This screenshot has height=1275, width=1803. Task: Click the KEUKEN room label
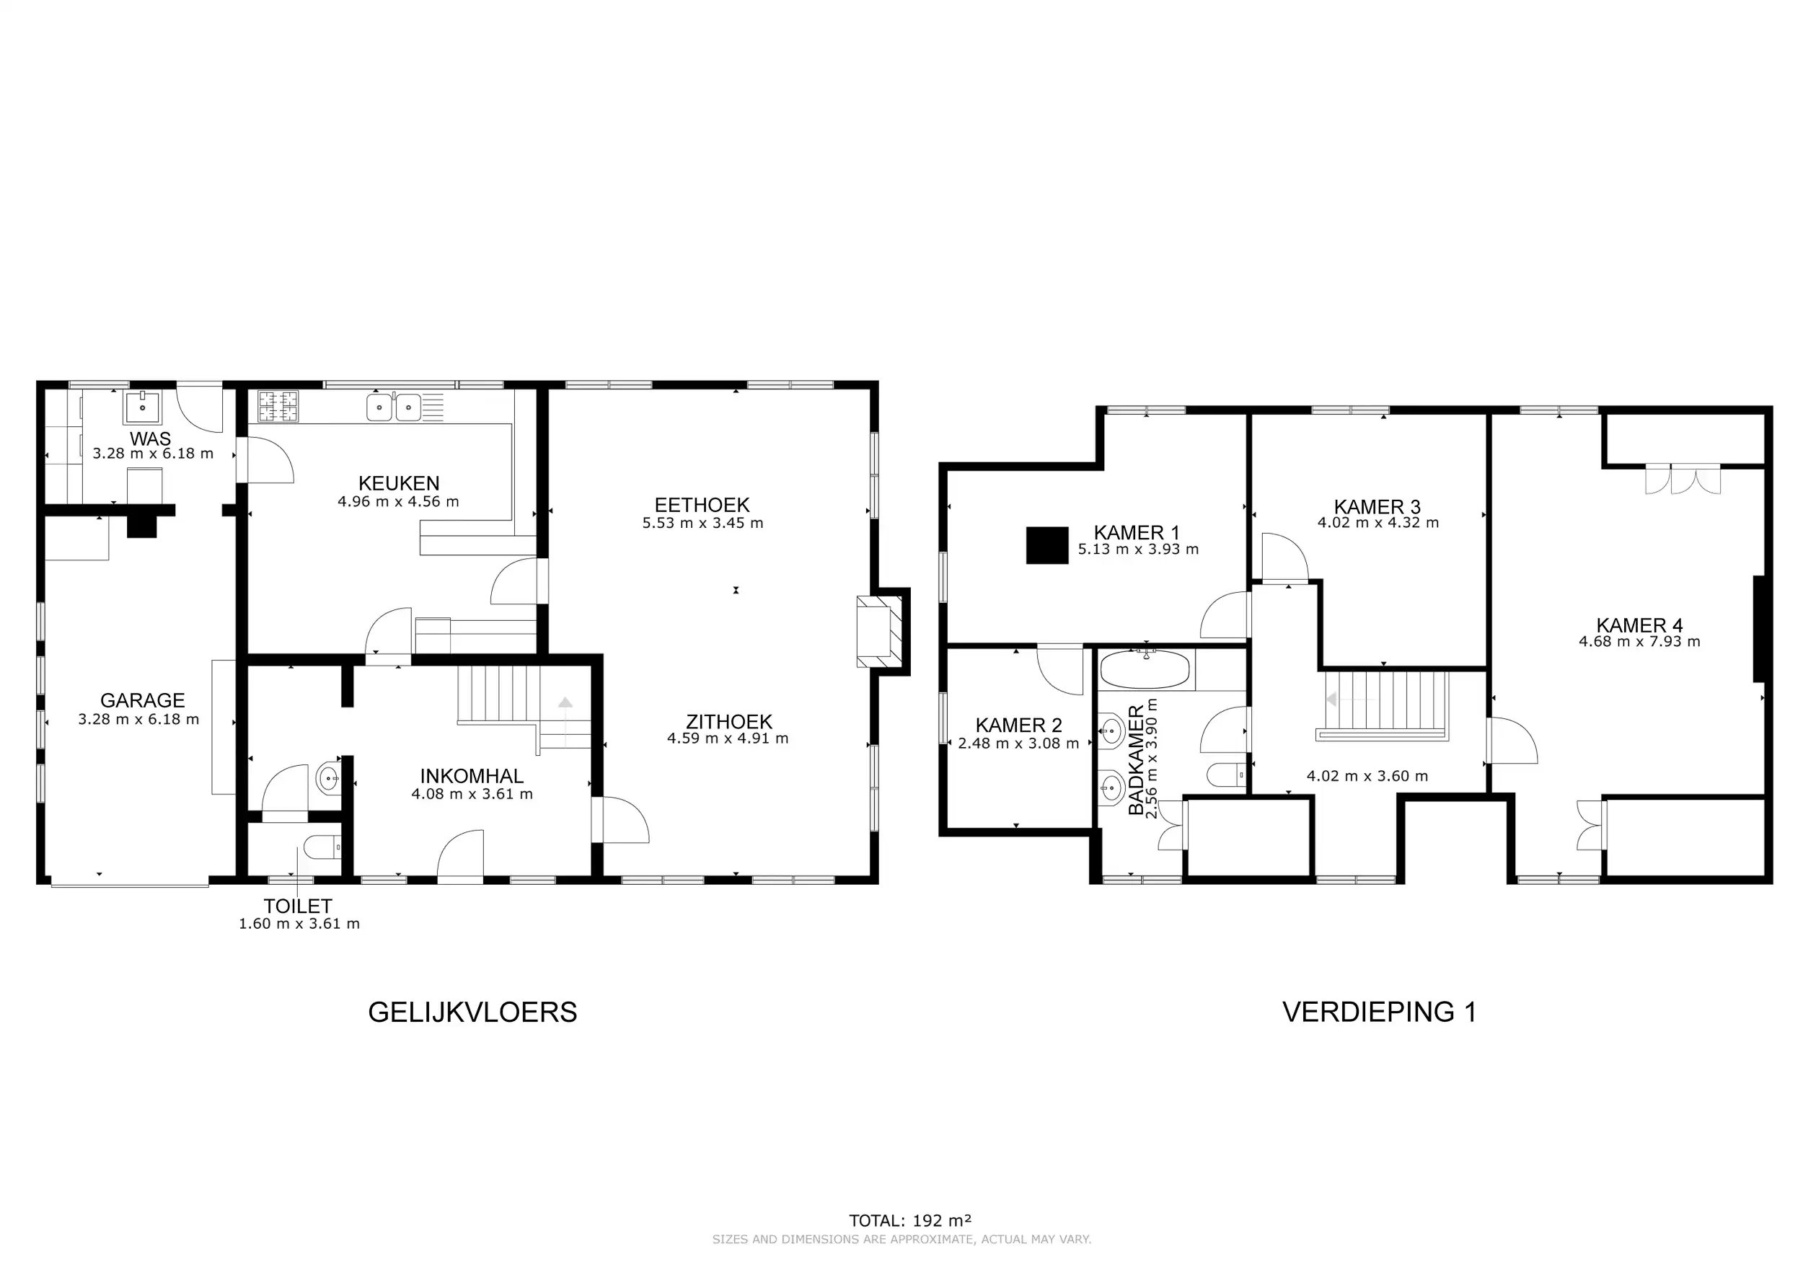coord(398,484)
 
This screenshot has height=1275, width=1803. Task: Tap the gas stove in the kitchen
coord(278,407)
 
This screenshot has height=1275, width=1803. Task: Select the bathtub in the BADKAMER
coord(1145,671)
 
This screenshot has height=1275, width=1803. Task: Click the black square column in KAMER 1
coord(1046,545)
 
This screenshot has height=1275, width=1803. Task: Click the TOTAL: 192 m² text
coord(910,1221)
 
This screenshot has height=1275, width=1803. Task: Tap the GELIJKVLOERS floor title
coord(472,1012)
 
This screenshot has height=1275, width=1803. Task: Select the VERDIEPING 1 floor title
coord(1379,1012)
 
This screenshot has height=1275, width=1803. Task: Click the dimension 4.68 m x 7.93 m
coord(1640,641)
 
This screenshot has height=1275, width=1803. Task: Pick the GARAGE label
coord(142,700)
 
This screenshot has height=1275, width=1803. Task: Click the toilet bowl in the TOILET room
coord(320,847)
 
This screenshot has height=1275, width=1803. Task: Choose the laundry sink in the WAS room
coord(142,408)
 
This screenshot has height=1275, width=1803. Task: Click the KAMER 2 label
coord(1018,725)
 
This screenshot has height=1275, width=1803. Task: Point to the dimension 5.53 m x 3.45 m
coord(702,523)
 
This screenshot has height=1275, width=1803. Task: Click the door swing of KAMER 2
coord(1060,671)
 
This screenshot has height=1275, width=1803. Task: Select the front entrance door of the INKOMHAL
coord(460,857)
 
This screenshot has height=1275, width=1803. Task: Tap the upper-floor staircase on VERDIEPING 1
coord(1386,702)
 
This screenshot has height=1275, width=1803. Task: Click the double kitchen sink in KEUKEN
coord(394,407)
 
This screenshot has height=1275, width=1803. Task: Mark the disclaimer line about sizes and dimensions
coord(901,1240)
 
